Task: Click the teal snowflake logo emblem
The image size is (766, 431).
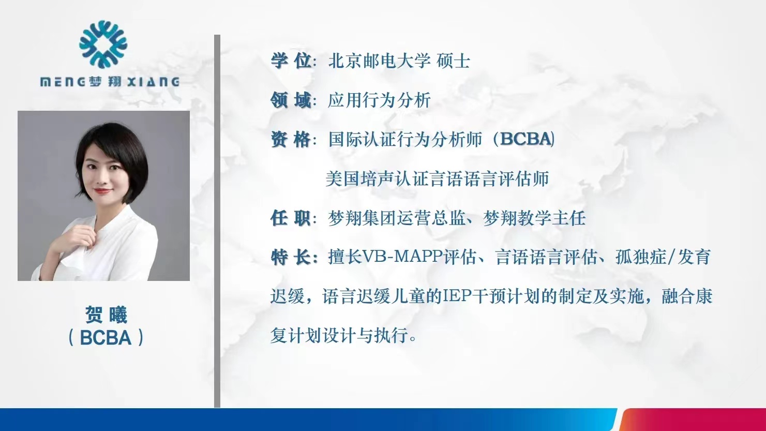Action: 103,44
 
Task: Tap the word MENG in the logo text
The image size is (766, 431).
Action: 63,82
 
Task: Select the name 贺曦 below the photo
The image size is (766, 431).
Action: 106,315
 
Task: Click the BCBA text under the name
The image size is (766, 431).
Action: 106,338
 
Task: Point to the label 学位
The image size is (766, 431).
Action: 291,61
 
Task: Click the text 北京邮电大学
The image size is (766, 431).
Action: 380,61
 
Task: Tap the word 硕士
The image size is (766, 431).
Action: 454,61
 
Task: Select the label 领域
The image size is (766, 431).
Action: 291,100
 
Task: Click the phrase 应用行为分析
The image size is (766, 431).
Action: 379,100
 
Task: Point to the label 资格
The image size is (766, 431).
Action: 291,140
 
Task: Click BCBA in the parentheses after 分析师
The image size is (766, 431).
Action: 525,139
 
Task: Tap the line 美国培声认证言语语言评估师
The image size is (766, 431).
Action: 438,179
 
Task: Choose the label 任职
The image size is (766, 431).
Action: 291,218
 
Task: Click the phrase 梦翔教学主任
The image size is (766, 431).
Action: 534,218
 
